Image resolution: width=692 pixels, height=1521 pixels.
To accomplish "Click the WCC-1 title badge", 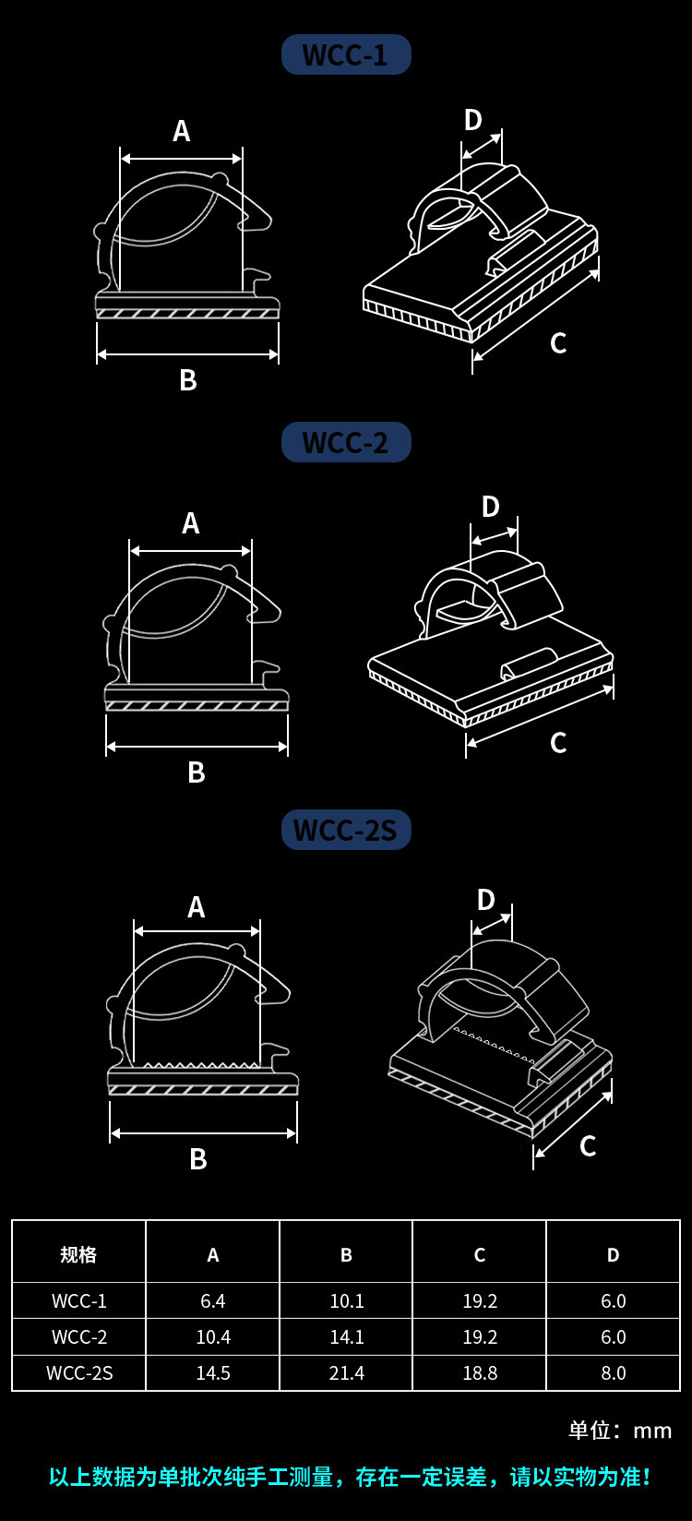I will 346,55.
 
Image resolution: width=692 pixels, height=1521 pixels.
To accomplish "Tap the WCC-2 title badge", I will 346,443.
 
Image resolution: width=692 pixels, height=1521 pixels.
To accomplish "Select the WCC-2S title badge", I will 346,831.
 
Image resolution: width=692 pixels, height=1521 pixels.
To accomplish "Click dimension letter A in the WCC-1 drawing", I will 181,132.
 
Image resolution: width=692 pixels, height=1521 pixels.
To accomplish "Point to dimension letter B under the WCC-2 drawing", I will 196,772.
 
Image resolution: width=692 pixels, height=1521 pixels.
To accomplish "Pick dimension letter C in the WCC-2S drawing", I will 588,1146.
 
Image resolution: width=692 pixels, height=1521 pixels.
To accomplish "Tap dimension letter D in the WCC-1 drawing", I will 472,120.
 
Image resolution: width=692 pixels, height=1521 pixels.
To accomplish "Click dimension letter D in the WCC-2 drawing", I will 490,507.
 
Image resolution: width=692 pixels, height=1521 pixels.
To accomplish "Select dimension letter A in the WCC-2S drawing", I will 196,908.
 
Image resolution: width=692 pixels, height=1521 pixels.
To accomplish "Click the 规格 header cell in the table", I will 78,1254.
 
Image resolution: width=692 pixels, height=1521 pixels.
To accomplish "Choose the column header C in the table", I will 480,1254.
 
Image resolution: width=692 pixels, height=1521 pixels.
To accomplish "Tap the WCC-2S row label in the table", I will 79,1373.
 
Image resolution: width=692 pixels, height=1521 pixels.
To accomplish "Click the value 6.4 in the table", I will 213,1300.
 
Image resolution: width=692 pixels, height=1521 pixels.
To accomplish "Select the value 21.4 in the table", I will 347,1373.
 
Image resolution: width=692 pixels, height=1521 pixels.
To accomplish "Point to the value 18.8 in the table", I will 480,1373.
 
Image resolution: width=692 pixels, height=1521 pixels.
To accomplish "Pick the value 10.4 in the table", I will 213,1337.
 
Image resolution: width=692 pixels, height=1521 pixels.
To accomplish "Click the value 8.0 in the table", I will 614,1373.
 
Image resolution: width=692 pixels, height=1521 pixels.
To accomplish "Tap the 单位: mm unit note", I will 620,1431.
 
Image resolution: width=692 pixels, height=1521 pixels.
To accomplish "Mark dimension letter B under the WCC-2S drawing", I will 197,1159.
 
